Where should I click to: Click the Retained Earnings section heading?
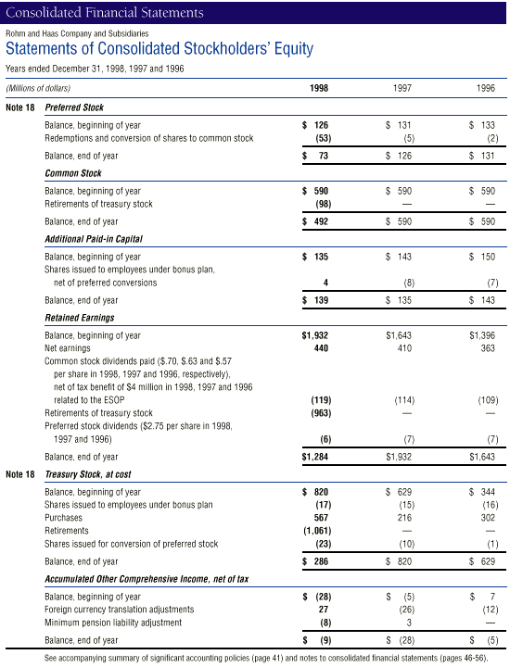click(81, 319)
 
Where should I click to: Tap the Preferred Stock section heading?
click(74, 107)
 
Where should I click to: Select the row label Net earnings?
click(69, 347)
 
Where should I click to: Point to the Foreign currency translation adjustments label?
click(119, 610)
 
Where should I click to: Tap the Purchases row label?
click(65, 518)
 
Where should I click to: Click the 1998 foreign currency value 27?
click(324, 610)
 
